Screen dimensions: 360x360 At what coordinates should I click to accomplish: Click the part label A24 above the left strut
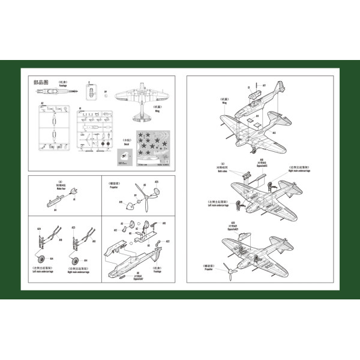pos(39,229)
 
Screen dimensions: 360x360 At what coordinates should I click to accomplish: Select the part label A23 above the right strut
pos(74,229)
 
